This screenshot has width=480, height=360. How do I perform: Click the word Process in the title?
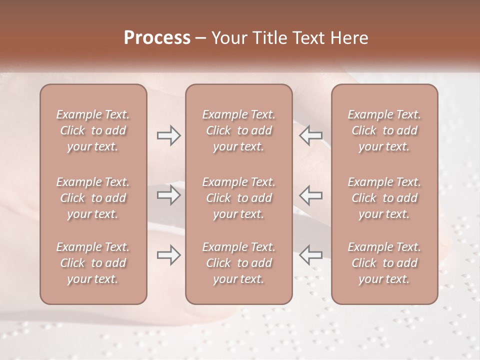pyautogui.click(x=157, y=38)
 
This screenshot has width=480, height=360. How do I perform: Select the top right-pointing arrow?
pyautogui.click(x=168, y=135)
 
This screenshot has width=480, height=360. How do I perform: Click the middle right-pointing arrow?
pyautogui.click(x=168, y=195)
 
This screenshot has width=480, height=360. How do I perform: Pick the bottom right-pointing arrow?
pyautogui.click(x=168, y=255)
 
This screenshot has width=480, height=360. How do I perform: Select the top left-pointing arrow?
pyautogui.click(x=310, y=135)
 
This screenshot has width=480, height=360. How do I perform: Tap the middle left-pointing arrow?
pyautogui.click(x=310, y=195)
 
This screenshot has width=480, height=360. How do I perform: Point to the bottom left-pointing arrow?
pyautogui.click(x=310, y=255)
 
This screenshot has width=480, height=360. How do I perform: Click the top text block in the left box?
pyautogui.click(x=93, y=130)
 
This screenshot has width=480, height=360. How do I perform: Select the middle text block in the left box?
pyautogui.click(x=93, y=198)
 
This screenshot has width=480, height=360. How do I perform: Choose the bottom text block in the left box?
pyautogui.click(x=93, y=263)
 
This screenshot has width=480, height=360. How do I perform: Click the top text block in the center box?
pyautogui.click(x=238, y=130)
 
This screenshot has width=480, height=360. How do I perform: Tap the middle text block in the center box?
pyautogui.click(x=238, y=198)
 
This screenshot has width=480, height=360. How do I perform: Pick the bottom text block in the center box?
pyautogui.click(x=238, y=263)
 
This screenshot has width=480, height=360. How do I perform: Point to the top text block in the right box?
pyautogui.click(x=384, y=130)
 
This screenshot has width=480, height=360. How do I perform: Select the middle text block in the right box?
pyautogui.click(x=384, y=198)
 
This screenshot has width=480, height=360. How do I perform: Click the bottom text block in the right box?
pyautogui.click(x=384, y=263)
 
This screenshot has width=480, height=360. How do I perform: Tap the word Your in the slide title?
pyautogui.click(x=229, y=38)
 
